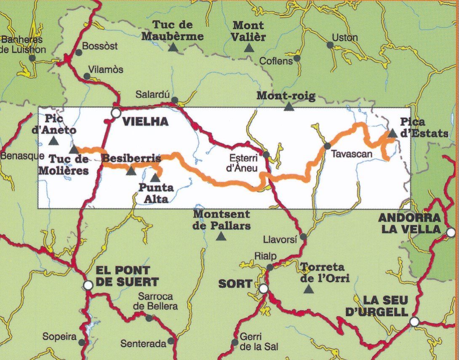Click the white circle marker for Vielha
point(116,113)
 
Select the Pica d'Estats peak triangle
point(392,133)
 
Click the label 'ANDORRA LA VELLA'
point(409,224)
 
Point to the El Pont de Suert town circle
point(88,285)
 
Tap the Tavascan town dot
point(327,146)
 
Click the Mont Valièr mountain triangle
point(249,48)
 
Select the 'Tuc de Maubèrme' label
point(173,31)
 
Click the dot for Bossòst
point(78,53)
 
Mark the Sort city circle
point(263,288)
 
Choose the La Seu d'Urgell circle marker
point(414,322)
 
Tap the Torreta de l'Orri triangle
point(309,289)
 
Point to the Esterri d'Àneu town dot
point(266,155)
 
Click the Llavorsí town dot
point(303,237)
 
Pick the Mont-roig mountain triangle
point(288,107)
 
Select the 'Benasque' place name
point(22,156)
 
